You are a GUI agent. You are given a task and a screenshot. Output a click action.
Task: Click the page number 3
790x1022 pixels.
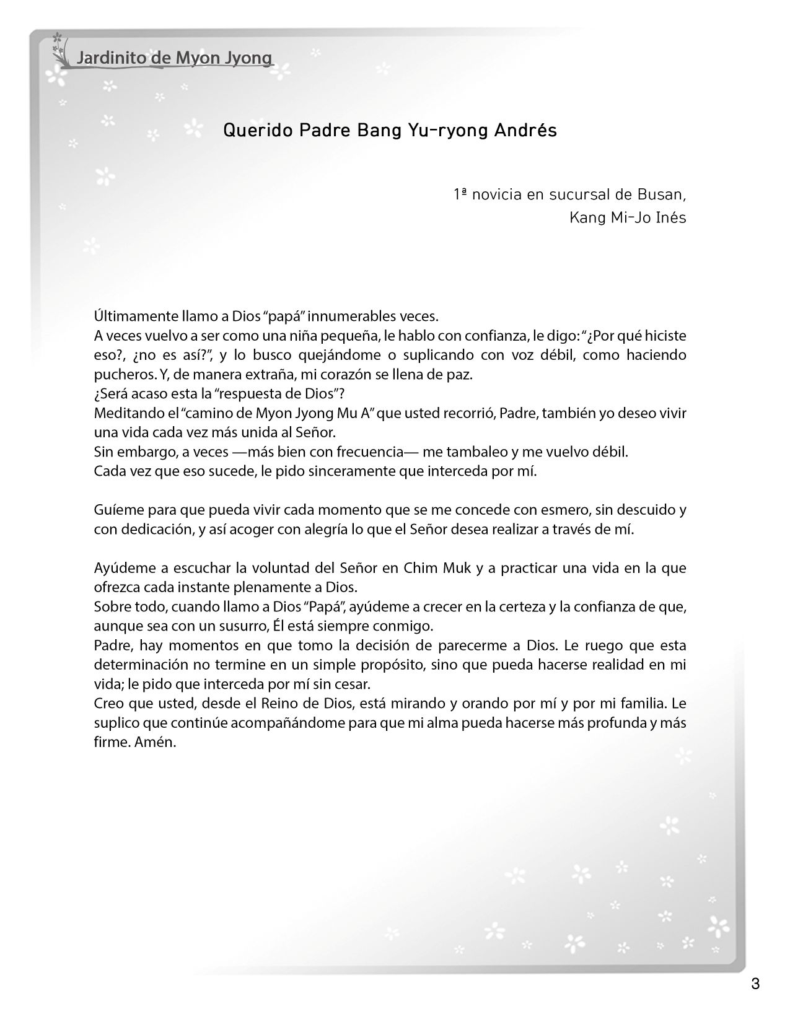coord(755,984)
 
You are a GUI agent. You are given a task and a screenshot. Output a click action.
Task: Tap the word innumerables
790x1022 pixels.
coord(348,317)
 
